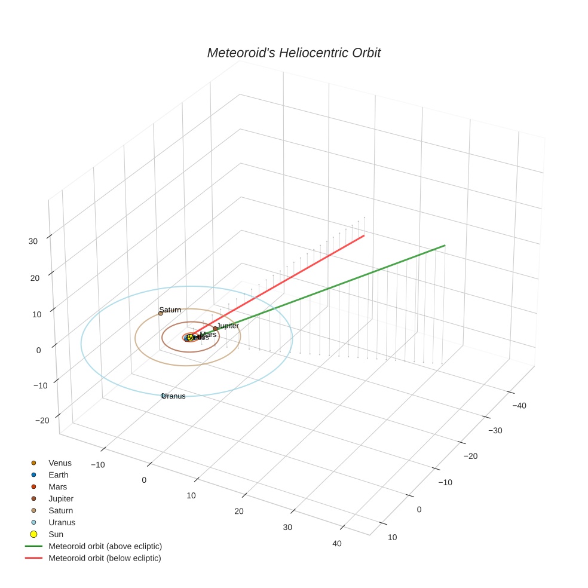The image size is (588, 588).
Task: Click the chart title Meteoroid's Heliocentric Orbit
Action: tap(293, 53)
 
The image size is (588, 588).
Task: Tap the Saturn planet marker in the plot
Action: tap(161, 313)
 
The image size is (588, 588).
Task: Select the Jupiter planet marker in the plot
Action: tap(215, 329)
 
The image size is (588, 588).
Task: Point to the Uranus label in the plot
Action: tap(174, 396)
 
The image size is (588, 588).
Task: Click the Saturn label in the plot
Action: tap(170, 310)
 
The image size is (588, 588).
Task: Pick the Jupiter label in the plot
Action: tap(228, 326)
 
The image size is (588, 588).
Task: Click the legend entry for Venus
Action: tap(60, 463)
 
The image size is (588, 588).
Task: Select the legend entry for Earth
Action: tap(59, 475)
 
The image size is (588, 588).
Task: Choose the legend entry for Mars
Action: tap(58, 487)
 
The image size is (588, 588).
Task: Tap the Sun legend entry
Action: tap(56, 534)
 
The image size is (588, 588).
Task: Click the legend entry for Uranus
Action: tap(62, 522)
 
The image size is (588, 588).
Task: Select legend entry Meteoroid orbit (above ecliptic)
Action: tap(105, 546)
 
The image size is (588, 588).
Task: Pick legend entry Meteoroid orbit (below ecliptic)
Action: tap(105, 558)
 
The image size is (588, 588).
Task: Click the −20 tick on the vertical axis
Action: tap(42, 421)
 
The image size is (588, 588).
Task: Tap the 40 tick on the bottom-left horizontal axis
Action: tap(337, 543)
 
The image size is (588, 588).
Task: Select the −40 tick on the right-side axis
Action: tap(517, 406)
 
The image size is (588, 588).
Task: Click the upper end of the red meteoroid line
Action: tap(364, 236)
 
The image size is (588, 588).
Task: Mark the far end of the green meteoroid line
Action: tap(445, 245)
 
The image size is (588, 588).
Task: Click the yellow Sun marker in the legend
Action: tap(33, 534)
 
